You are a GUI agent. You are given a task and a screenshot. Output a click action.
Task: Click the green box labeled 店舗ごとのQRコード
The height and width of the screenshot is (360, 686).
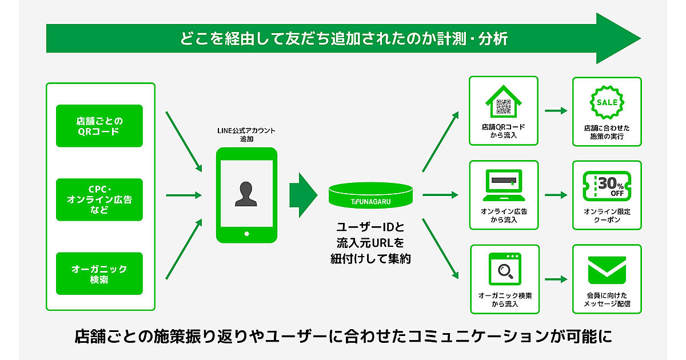(x=99, y=126)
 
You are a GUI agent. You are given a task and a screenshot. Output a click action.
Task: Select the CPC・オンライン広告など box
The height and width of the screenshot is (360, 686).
(x=99, y=199)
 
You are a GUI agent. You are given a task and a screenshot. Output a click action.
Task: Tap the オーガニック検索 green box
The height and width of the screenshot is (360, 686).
(x=99, y=274)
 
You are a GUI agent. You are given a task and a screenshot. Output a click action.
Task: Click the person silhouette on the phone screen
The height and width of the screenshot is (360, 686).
(x=246, y=194)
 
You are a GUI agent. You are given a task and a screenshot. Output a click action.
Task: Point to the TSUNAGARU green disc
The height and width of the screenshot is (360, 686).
(x=370, y=195)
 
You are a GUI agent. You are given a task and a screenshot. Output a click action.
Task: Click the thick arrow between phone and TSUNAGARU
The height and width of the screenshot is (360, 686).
(x=303, y=195)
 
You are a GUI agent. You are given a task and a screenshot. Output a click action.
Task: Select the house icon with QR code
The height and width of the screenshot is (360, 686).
(x=504, y=102)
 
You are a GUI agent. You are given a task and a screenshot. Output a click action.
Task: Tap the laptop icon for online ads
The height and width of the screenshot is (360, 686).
(x=504, y=184)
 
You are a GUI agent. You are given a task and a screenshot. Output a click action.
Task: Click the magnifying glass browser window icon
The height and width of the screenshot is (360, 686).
(x=504, y=269)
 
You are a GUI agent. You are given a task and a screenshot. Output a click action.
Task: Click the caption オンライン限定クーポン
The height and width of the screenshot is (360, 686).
(x=607, y=215)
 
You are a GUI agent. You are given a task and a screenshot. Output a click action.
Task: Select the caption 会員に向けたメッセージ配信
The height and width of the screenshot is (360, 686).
(x=607, y=299)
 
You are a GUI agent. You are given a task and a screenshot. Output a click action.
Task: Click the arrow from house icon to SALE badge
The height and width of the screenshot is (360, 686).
(x=555, y=111)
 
